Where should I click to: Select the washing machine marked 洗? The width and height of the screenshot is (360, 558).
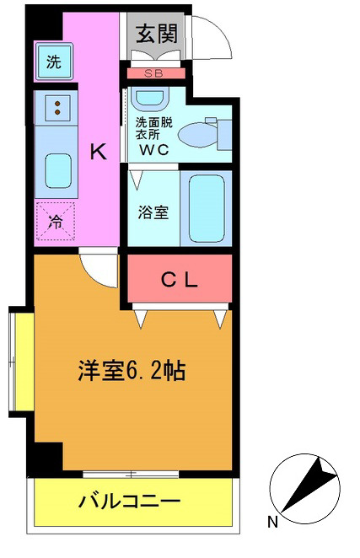[53, 61]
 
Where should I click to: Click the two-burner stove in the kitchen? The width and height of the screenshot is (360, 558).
[56, 107]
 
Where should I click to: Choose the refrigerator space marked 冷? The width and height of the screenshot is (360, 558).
[56, 223]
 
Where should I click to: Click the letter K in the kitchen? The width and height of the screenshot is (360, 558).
[99, 152]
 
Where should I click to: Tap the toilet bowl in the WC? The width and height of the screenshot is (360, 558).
[201, 131]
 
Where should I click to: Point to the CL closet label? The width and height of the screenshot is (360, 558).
[180, 282]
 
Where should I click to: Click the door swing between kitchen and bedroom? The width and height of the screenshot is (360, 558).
[99, 268]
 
